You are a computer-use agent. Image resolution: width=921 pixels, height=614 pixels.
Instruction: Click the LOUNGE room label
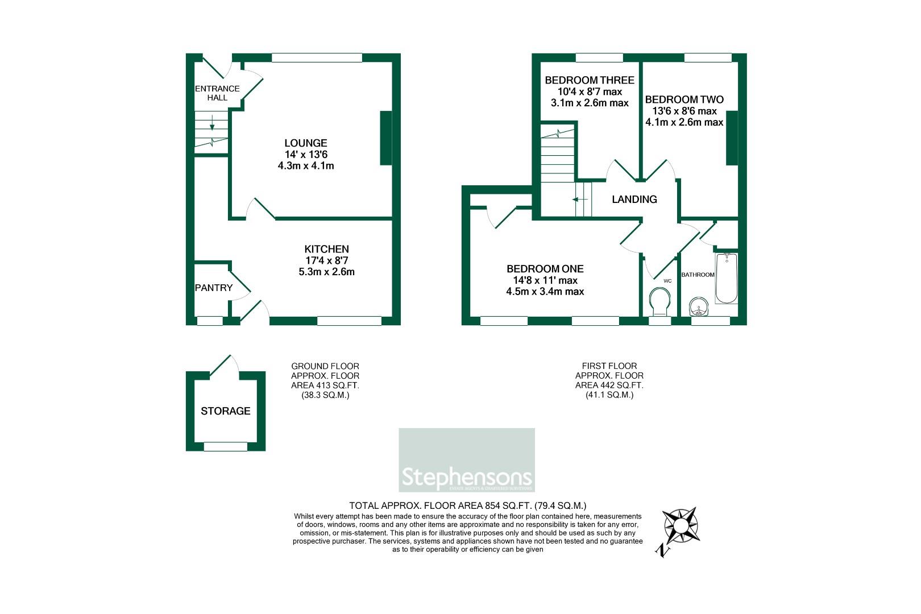click(306, 143)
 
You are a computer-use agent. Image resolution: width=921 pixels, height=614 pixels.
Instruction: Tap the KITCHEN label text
click(326, 249)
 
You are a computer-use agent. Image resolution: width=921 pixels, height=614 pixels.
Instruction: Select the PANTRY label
click(213, 288)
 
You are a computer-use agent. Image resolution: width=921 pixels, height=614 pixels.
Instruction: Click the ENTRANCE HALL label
click(217, 93)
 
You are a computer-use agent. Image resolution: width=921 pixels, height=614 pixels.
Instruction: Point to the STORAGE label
click(225, 411)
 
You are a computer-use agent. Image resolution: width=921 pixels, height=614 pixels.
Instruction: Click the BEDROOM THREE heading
click(589, 80)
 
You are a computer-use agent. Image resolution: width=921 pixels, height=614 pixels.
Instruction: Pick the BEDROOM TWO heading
click(684, 99)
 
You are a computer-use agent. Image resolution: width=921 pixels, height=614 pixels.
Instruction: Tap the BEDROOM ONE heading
click(545, 269)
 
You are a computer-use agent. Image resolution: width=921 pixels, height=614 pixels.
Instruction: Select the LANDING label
click(634, 200)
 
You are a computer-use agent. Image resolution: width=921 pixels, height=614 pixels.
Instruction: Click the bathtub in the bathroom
click(726, 278)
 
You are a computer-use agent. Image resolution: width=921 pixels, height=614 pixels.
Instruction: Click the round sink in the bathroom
click(698, 308)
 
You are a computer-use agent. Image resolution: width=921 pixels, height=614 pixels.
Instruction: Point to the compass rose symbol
click(681, 525)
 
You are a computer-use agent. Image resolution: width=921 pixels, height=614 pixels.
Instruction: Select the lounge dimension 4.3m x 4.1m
click(306, 166)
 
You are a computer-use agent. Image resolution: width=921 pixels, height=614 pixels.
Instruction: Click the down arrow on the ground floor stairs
click(212, 122)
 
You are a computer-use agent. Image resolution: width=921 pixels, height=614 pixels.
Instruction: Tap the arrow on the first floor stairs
click(579, 200)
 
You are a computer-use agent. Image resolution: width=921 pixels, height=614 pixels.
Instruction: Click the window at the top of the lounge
click(317, 57)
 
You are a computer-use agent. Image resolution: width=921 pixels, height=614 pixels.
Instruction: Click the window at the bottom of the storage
click(225, 447)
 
